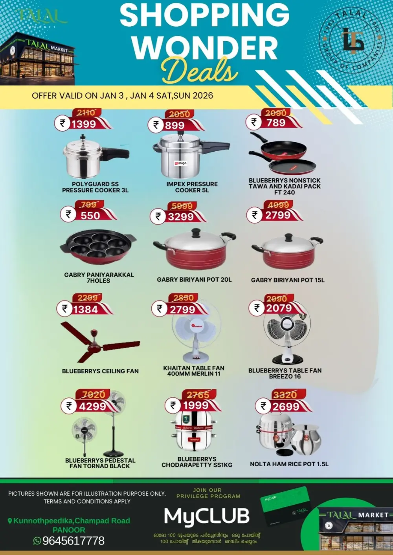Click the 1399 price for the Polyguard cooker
click(84, 124)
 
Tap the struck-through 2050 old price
click(179, 114)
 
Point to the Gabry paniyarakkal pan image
click(98, 247)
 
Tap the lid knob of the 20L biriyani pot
click(196, 232)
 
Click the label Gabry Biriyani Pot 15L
click(288, 280)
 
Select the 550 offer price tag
click(90, 215)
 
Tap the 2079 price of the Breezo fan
click(279, 308)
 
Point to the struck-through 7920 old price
click(94, 394)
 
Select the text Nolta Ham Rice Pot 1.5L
click(289, 464)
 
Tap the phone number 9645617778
click(73, 541)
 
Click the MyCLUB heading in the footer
click(207, 516)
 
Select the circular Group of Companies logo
click(352, 41)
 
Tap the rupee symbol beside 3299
click(158, 216)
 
